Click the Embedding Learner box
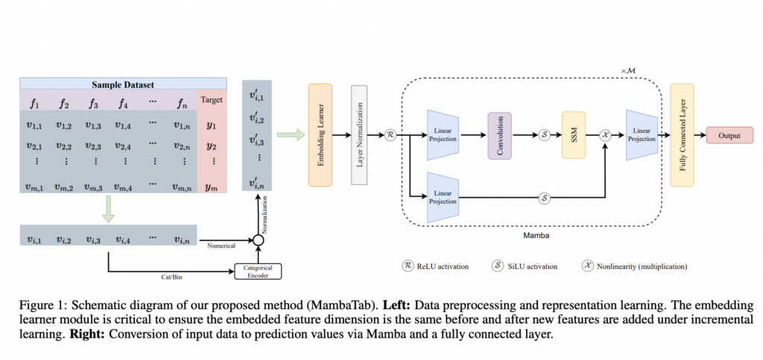click(319, 135)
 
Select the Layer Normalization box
click(361, 135)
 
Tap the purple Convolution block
click(500, 135)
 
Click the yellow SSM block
click(574, 135)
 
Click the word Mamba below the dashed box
click(531, 233)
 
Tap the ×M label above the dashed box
click(629, 69)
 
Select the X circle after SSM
click(607, 136)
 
